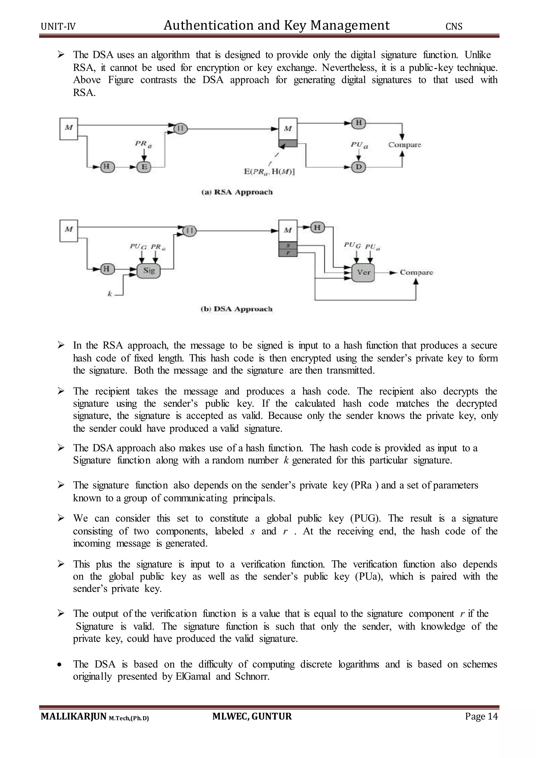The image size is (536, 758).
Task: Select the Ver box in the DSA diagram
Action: pos(363,272)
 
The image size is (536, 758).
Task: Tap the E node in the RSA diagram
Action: pos(144,167)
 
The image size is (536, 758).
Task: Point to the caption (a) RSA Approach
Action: pos(237,192)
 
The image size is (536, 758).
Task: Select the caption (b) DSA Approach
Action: pos(237,309)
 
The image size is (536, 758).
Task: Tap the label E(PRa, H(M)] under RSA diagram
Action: pos(269,172)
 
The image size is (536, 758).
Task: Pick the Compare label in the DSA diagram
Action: pos(416,272)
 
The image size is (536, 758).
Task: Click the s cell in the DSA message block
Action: pos(288,246)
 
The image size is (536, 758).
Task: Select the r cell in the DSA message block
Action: pos(288,253)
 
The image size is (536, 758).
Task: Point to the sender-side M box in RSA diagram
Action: pos(69,129)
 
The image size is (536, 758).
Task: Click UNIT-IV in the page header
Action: pos(58,26)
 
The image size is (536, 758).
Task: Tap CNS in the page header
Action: pos(454,26)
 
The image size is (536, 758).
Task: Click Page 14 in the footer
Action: pos(481,716)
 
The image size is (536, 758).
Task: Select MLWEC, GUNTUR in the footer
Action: pos(252,716)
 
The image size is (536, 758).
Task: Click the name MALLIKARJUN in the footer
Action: pos(73,716)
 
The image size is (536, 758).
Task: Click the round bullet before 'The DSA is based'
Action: pos(59,665)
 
